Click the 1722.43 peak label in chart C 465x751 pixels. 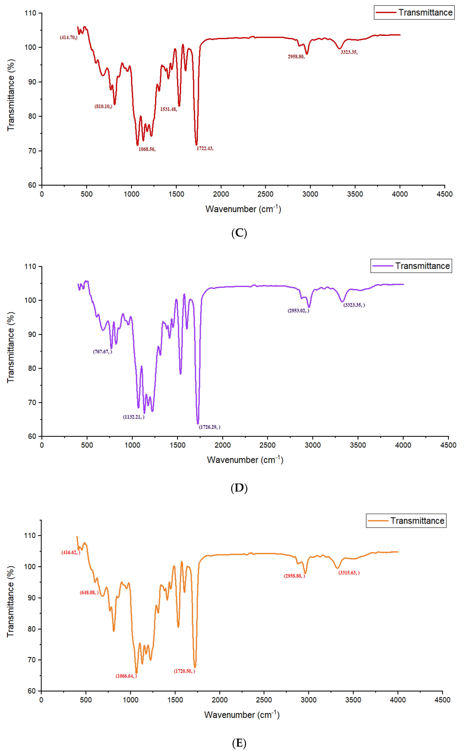(x=205, y=149)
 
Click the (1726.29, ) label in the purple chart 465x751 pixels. (x=209, y=427)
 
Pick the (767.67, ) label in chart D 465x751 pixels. (x=102, y=352)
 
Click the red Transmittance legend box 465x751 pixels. (x=414, y=13)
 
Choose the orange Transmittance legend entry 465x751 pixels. (x=406, y=521)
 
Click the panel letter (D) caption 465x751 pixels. (x=239, y=488)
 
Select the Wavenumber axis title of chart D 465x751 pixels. (x=245, y=460)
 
